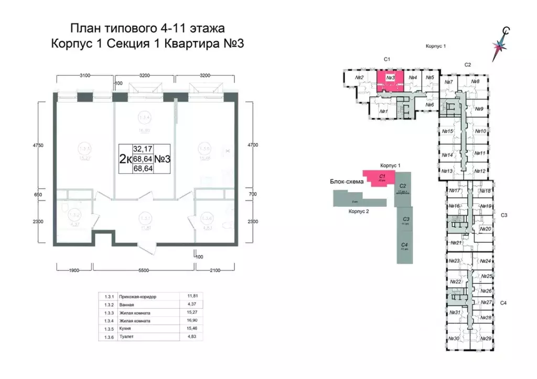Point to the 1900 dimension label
point(73,270)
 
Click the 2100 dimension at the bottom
point(214,270)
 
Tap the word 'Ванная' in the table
point(127,305)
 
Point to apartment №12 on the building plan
point(478,171)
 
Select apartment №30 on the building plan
point(454,339)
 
